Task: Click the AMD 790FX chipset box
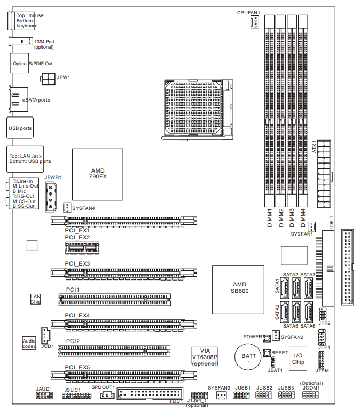pos(98,174)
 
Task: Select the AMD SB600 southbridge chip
pos(238,290)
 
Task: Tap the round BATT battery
pos(248,357)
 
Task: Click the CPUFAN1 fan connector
pos(254,22)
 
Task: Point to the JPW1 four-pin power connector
pos(48,79)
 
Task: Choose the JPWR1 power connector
pos(51,197)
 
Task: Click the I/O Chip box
pos(298,359)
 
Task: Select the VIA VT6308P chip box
pos(205,356)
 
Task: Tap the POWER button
pos(267,338)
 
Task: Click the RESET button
pos(267,353)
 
